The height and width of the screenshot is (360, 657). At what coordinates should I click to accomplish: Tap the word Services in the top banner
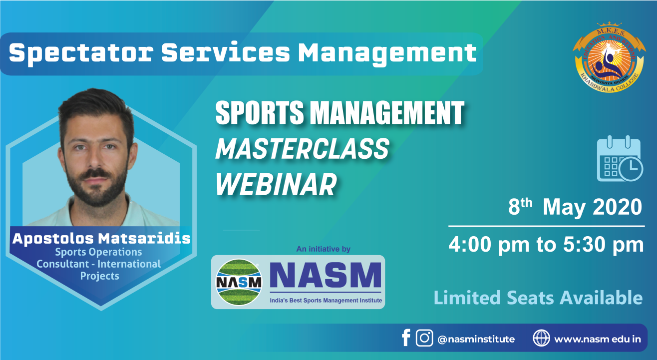[226, 53]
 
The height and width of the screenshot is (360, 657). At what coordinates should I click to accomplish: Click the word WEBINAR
[276, 184]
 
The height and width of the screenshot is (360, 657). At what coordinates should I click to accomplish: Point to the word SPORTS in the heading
[260, 112]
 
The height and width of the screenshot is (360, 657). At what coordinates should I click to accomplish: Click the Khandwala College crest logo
[609, 57]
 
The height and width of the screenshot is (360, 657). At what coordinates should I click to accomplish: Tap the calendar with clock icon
[620, 158]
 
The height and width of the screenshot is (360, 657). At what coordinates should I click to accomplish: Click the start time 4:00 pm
[489, 244]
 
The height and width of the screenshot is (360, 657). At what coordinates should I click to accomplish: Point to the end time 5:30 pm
[603, 244]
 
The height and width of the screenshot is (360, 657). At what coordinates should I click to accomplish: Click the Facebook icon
[406, 338]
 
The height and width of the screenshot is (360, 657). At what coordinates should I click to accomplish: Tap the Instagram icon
[424, 338]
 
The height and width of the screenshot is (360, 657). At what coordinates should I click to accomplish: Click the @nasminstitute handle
[476, 340]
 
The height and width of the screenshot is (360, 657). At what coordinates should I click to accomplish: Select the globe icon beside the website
[541, 338]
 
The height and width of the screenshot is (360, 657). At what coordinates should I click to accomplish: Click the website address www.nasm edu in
[598, 340]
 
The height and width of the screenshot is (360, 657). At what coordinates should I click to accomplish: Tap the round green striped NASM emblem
[239, 282]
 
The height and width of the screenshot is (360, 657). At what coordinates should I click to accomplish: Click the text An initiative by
[323, 249]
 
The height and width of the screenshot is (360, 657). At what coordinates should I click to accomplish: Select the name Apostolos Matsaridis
[101, 239]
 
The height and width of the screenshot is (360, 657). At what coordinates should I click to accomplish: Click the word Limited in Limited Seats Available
[467, 298]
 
